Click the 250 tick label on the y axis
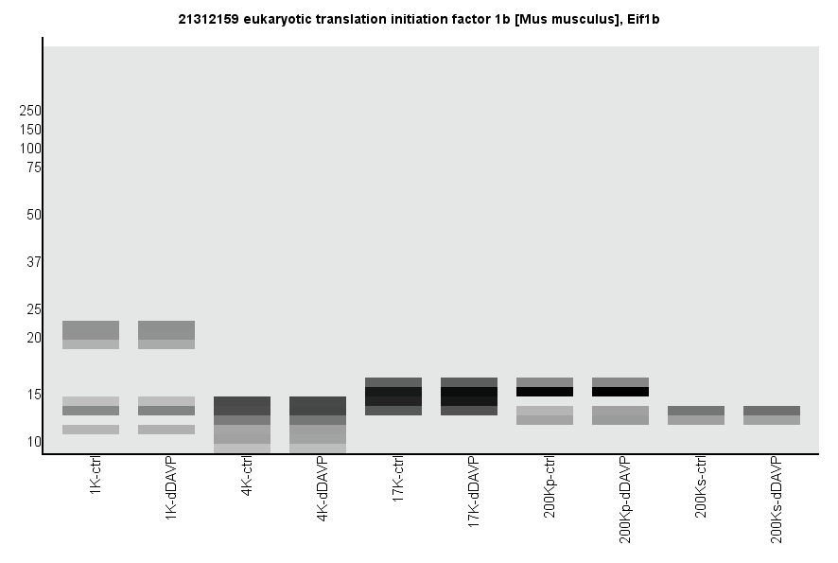click(30, 111)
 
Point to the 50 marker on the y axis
click(34, 215)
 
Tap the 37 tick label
click(34, 262)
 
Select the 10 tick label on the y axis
click(34, 442)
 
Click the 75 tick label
click(34, 167)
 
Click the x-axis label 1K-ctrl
click(96, 480)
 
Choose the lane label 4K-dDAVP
click(323, 490)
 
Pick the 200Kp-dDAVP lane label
click(625, 499)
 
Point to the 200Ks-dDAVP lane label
click(777, 498)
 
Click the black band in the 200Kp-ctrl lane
click(545, 392)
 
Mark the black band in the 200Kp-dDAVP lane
click(620, 392)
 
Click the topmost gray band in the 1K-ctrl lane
click(91, 330)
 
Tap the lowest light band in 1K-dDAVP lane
click(166, 430)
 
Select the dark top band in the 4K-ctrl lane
click(242, 406)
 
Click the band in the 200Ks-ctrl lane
click(696, 415)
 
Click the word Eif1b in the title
click(642, 19)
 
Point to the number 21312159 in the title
click(209, 19)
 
